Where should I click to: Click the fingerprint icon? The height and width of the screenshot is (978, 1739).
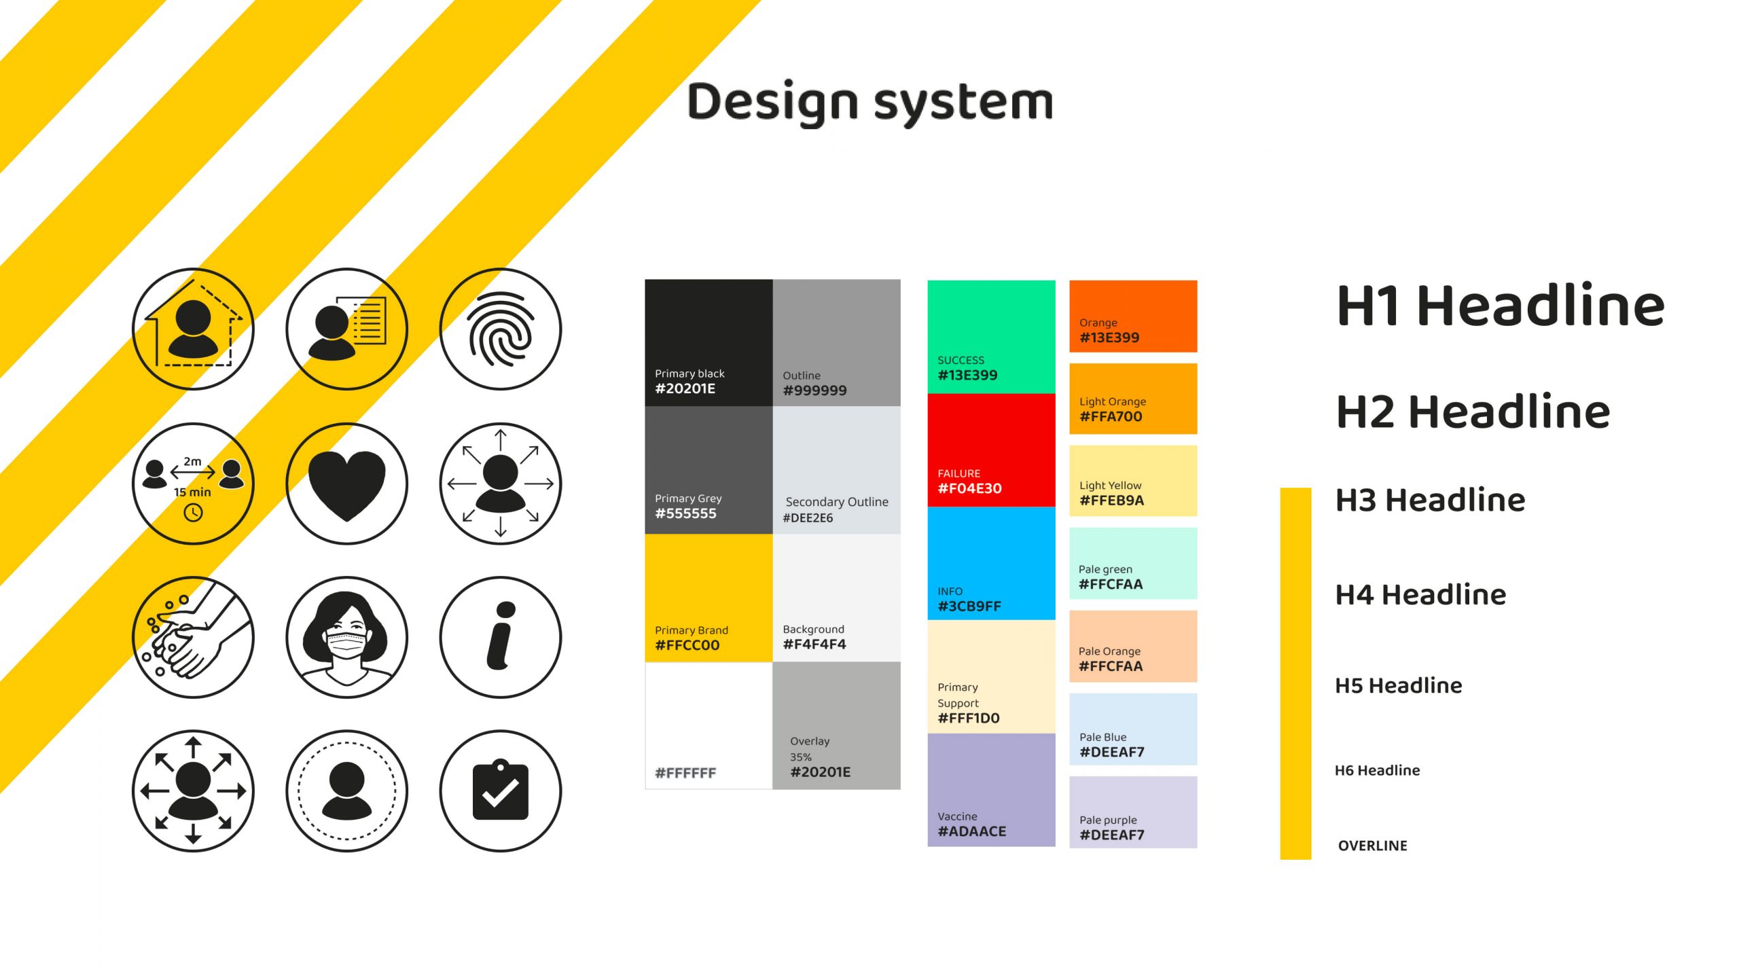pos(501,329)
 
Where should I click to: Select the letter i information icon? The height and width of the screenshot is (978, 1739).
pos(501,636)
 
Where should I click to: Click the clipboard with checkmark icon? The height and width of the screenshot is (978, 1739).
pos(501,790)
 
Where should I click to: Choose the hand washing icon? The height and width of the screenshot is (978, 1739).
pos(193,637)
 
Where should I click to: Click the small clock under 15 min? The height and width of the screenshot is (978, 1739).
pos(193,513)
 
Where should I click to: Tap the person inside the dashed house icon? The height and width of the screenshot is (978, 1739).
pos(193,328)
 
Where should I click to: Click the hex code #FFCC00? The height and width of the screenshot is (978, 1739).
pos(687,645)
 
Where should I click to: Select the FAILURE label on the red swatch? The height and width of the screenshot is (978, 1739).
pos(958,473)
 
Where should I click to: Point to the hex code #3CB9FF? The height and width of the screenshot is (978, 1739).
pos(969,606)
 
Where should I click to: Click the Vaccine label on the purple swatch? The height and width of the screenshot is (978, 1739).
pos(957,816)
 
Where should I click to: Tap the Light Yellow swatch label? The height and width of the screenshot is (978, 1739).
pos(1110,486)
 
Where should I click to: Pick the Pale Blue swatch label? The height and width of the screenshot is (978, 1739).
pos(1102,737)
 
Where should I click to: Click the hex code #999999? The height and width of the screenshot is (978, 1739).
pos(814,391)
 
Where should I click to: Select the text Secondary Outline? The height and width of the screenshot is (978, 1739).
pos(837,502)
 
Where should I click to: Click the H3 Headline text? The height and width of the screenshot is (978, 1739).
pos(1430,501)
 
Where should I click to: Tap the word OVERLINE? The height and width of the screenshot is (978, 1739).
pos(1372,846)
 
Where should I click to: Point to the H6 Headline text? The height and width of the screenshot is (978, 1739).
pos(1377,770)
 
